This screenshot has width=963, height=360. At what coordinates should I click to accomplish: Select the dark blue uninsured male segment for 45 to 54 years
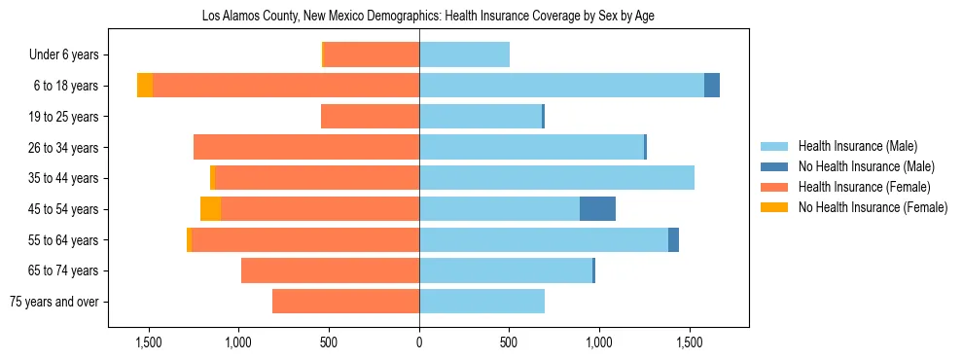click(597, 209)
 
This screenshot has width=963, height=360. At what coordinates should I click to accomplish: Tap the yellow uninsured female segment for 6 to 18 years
click(145, 86)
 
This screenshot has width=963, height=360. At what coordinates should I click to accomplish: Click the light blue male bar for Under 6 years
click(464, 54)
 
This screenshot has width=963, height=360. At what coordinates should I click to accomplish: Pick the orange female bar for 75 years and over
click(345, 302)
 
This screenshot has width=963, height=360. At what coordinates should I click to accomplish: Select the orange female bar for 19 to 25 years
click(370, 117)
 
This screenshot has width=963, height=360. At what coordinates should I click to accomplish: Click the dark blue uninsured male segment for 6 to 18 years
click(712, 86)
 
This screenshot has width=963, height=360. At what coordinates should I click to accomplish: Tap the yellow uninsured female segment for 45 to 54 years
click(210, 209)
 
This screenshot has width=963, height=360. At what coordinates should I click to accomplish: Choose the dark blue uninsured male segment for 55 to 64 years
click(673, 240)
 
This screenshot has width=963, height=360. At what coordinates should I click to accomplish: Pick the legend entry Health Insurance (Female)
click(864, 187)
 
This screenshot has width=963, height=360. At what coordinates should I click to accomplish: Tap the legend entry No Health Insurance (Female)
click(873, 207)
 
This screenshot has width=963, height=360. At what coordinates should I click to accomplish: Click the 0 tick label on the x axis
click(419, 342)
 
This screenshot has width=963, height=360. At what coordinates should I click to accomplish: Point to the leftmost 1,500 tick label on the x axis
click(149, 342)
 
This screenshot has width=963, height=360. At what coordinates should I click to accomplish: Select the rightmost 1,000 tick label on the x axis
click(599, 342)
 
